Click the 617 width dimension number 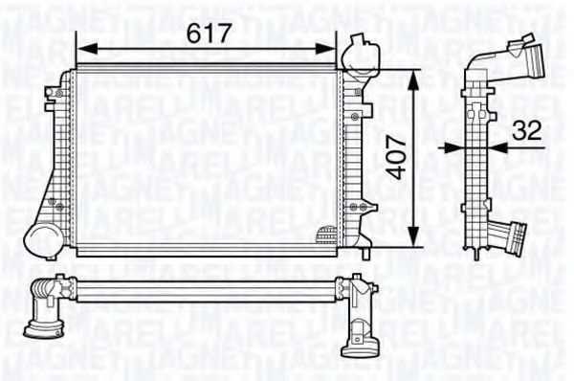(209, 33)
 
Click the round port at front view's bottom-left (43, 237)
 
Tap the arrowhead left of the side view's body (457, 148)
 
